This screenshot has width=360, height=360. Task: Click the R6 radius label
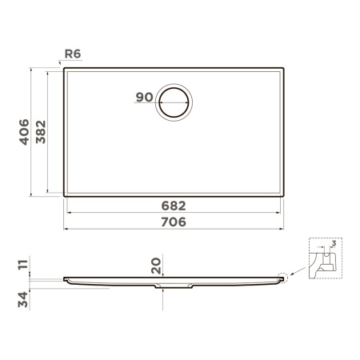(74, 54)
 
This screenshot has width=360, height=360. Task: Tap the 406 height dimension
(24, 132)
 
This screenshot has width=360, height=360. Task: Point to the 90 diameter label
(144, 98)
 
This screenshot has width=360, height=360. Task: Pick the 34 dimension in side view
(23, 298)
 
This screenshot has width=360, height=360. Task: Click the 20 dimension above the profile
(156, 265)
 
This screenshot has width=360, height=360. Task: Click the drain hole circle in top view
(174, 103)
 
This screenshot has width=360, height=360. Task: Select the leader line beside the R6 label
(62, 61)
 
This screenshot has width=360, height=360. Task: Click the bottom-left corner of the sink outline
(65, 196)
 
